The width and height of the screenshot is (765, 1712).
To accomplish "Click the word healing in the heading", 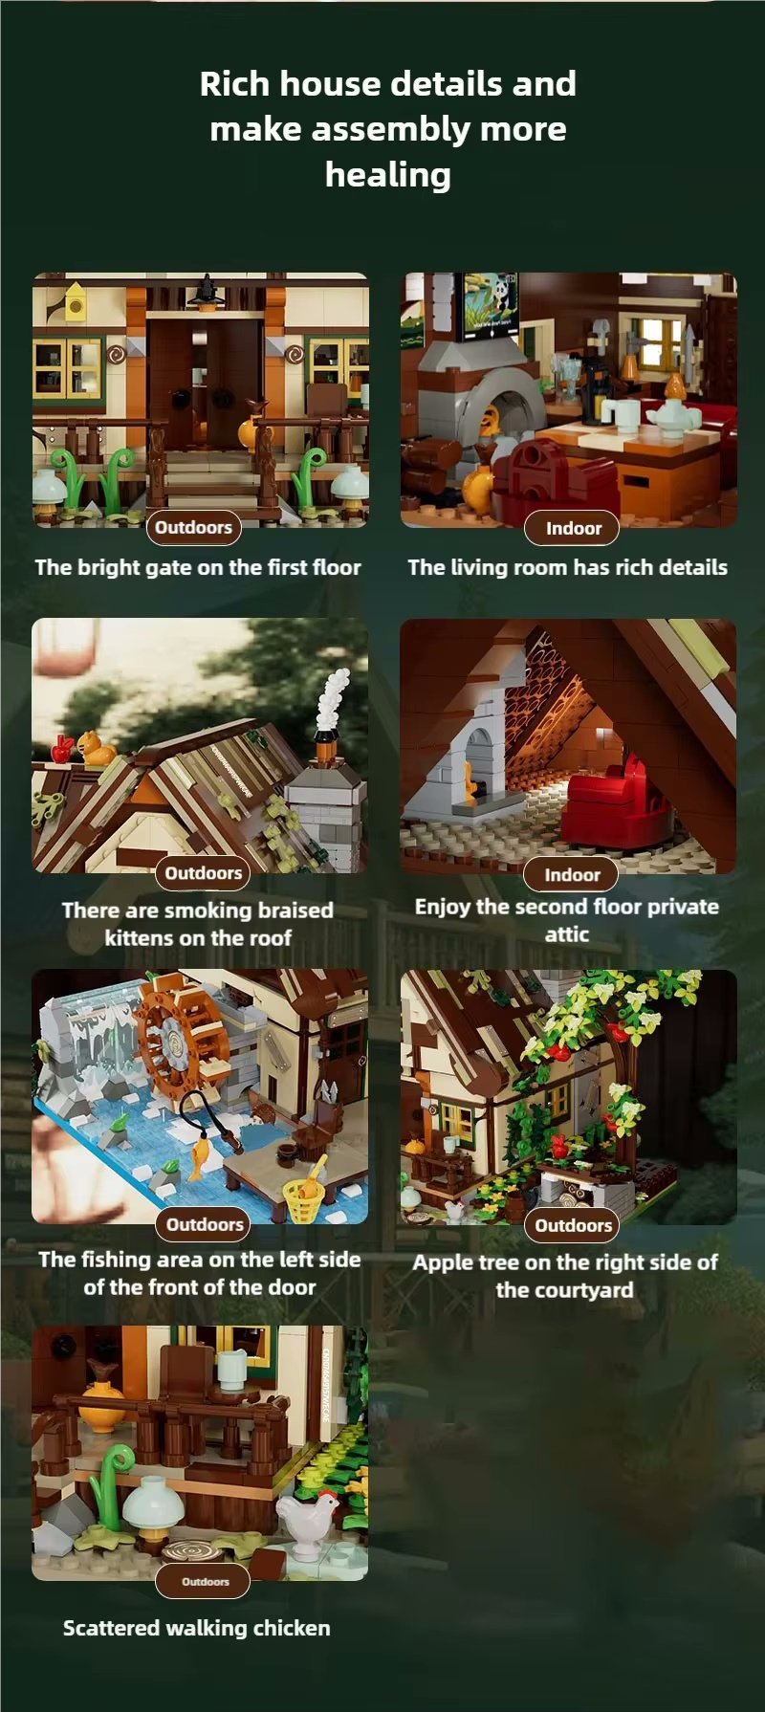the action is tap(387, 175).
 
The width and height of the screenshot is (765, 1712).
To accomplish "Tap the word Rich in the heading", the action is tap(235, 84).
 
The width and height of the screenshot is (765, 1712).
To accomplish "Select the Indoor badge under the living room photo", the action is tap(573, 528).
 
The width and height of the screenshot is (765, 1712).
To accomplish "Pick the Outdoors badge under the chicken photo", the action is tap(205, 1581).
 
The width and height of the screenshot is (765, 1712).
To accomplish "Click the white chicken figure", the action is tap(309, 1521).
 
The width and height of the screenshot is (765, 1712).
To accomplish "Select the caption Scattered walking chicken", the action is tap(197, 1628).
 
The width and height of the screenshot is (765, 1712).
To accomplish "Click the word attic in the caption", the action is tap(567, 934).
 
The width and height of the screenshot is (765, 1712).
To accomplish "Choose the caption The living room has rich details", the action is tap(567, 567).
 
